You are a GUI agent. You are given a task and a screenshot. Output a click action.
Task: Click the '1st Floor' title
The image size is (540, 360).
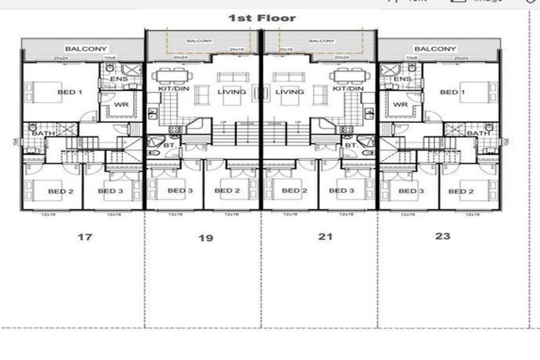pos(262,18)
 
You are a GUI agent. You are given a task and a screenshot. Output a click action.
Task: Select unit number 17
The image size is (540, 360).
pos(84,237)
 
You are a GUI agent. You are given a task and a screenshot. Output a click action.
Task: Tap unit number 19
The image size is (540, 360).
pos(205,238)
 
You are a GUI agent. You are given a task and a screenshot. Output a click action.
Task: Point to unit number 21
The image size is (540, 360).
pos(325,237)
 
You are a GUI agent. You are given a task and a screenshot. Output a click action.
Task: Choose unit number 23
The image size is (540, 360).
pos(442,236)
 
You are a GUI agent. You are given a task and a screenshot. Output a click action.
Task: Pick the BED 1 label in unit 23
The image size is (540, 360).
pos(453,92)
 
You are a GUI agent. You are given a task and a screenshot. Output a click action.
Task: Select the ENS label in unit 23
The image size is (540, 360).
pos(402,79)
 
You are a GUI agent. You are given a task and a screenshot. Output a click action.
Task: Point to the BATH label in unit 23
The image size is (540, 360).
pos(478,133)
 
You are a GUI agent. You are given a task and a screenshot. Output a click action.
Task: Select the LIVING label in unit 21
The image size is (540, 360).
pos(290,92)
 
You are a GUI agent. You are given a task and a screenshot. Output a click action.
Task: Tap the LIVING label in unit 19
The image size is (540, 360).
pos(231,92)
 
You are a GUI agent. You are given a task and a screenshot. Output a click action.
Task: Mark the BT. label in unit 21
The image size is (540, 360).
pos(349,145)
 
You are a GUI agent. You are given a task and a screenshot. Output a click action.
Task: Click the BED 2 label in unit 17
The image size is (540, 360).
pos(61,191)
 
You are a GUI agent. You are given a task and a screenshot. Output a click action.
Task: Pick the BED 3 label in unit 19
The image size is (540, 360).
pos(180,191)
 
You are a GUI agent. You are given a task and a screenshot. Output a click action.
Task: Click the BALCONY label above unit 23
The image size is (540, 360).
pos(435,49)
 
